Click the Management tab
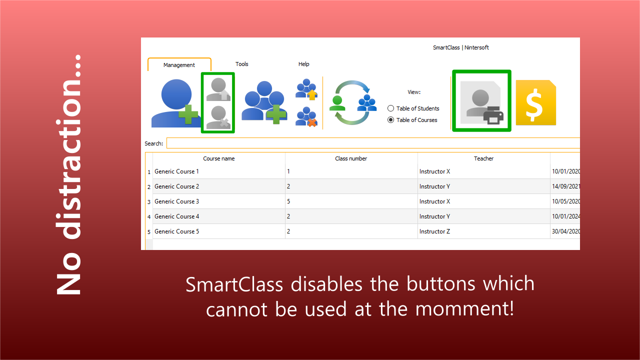179,65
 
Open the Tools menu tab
241,64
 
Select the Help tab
303,64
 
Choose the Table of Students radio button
390,108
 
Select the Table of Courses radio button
390,120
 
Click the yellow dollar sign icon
535,102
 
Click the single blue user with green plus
175,103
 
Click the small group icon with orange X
306,116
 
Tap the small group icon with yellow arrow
306,89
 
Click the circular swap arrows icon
352,102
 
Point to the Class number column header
351,158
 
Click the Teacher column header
483,158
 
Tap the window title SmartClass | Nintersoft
461,47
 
